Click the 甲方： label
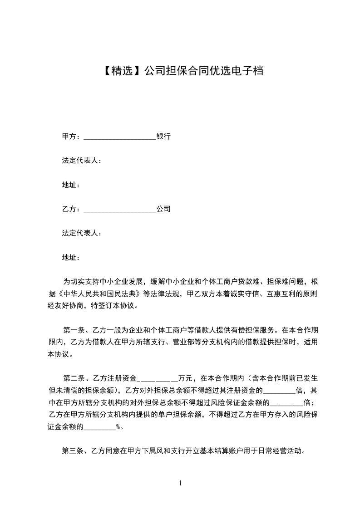[x=71, y=136]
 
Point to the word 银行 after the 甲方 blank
[x=163, y=136]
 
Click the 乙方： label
[x=71, y=209]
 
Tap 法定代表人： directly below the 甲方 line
[x=81, y=161]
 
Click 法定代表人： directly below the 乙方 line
[x=81, y=233]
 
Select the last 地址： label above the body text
[x=71, y=258]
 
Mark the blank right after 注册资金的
[x=279, y=391]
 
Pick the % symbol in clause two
[x=118, y=426]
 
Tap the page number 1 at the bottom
[x=180, y=483]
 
